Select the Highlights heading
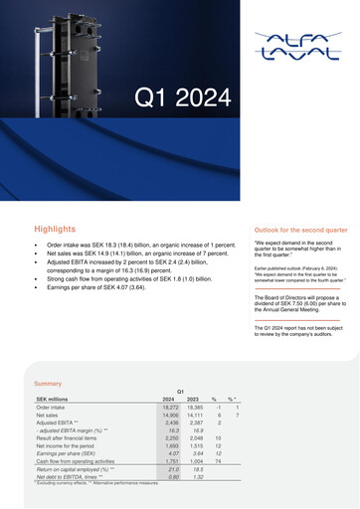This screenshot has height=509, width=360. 54,229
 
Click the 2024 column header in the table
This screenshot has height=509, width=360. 168,399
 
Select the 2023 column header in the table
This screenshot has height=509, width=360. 194,399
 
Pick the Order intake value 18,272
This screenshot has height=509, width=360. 168,408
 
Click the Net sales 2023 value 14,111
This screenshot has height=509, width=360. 194,416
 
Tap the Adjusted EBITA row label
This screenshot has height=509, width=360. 63,424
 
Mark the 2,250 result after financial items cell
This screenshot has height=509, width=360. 168,431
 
